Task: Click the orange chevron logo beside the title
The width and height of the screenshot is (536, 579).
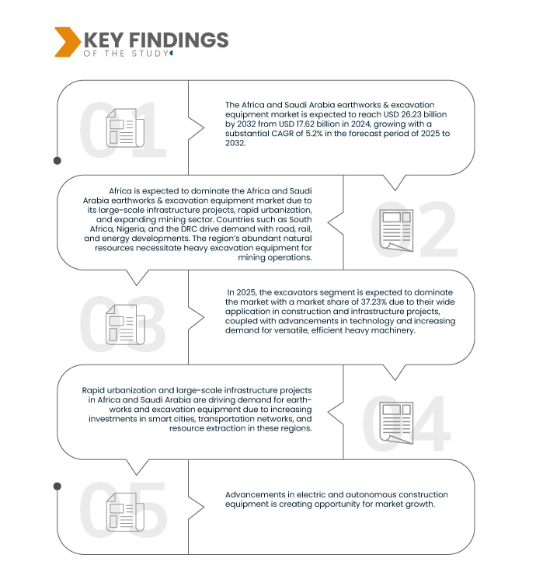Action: pos(66,42)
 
